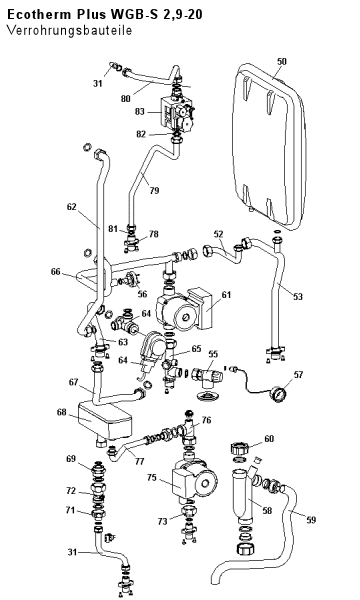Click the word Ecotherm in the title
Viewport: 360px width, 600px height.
pos(39,15)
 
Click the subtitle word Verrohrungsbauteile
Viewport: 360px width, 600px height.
pos(69,30)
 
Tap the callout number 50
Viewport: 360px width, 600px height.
pos(282,61)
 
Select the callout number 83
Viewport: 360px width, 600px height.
pos(140,111)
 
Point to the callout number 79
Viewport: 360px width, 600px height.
pos(154,190)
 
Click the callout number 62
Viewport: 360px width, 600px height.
pos(72,207)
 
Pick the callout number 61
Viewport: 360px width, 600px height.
pos(226,295)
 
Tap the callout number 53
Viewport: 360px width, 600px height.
pos(297,296)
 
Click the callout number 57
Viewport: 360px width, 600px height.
pos(298,375)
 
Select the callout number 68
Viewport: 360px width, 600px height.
pos(62,412)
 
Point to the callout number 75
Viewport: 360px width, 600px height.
pos(152,478)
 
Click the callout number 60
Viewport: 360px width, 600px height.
pos(269,439)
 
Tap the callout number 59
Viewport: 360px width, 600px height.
pos(311,520)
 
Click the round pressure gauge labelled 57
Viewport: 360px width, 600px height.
pos(280,394)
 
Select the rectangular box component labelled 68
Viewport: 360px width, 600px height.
pos(104,421)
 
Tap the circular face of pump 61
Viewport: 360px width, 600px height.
pos(186,317)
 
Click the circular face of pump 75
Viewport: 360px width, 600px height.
pos(206,483)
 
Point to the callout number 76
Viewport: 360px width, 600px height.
pos(206,421)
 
